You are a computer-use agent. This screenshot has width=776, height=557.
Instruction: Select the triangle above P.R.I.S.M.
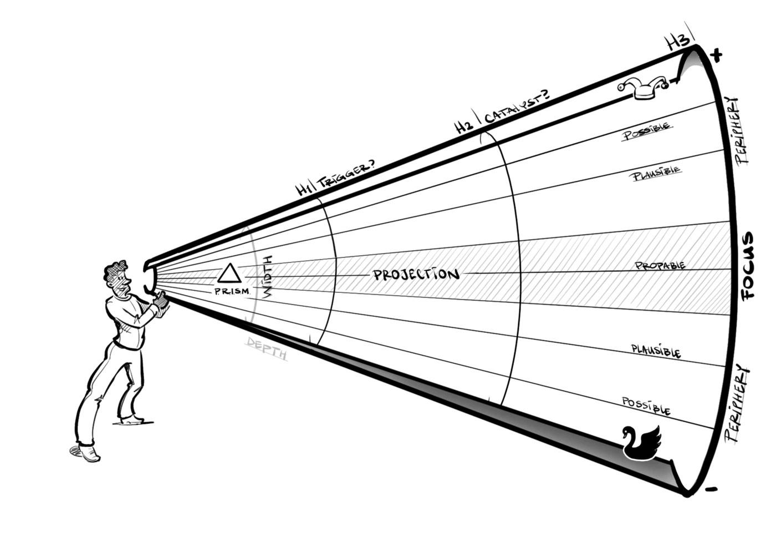[229, 274]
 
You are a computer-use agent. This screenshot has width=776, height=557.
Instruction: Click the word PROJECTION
[416, 274]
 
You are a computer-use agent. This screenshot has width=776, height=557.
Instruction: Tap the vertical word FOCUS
[748, 266]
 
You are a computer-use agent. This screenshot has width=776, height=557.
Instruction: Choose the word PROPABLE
[660, 266]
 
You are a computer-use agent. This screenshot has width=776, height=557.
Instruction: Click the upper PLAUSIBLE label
[656, 173]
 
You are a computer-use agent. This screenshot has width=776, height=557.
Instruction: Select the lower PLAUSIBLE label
[656, 351]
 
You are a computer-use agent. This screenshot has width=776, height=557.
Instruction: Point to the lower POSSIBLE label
[646, 406]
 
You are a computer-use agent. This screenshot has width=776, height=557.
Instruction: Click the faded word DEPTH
[267, 348]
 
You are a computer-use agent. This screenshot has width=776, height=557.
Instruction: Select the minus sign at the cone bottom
[711, 489]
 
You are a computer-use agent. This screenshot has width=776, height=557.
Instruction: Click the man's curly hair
[115, 271]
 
